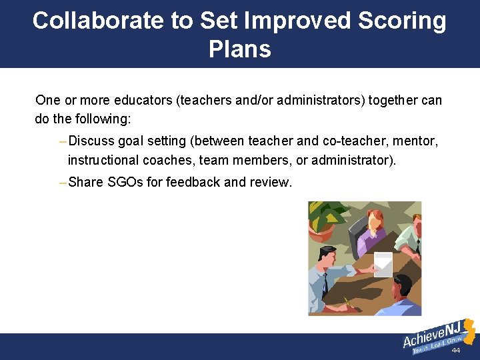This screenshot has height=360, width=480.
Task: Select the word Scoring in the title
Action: pyautogui.click(x=401, y=21)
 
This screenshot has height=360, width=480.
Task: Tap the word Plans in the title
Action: pyautogui.click(x=239, y=49)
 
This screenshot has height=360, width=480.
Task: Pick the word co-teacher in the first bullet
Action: pyautogui.click(x=353, y=141)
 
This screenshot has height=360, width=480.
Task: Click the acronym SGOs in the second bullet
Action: pyautogui.click(x=125, y=182)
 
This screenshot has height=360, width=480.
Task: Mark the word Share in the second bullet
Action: pyautogui.click(x=85, y=182)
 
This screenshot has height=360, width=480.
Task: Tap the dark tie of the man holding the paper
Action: pyautogui.click(x=325, y=285)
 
